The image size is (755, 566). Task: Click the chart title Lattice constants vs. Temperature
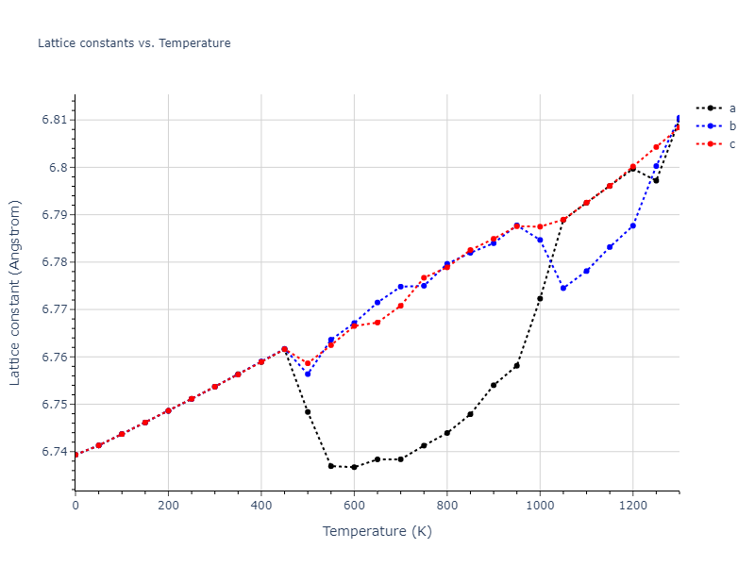point(134,43)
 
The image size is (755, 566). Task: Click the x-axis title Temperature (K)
point(377,531)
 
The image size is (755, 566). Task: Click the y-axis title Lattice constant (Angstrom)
point(15,292)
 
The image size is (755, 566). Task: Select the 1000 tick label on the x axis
point(540,506)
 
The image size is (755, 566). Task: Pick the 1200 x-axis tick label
point(632,506)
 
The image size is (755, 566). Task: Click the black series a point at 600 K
point(354,467)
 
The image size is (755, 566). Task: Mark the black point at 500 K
point(308,411)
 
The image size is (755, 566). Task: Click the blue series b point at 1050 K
point(563,288)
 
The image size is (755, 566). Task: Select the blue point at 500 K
point(308,374)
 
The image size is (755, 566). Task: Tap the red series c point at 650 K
point(377,323)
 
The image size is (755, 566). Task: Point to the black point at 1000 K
point(540,299)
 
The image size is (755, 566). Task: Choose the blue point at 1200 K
point(632,225)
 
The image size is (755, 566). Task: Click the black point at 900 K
point(494,385)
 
